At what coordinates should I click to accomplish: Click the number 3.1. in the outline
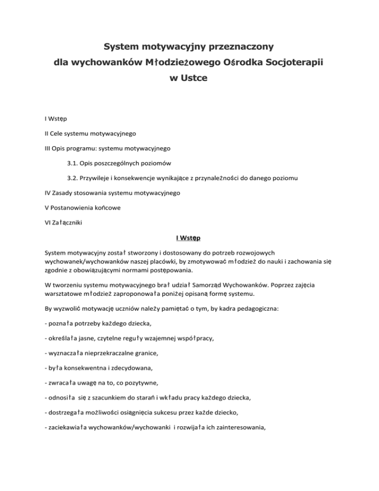[75, 164]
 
